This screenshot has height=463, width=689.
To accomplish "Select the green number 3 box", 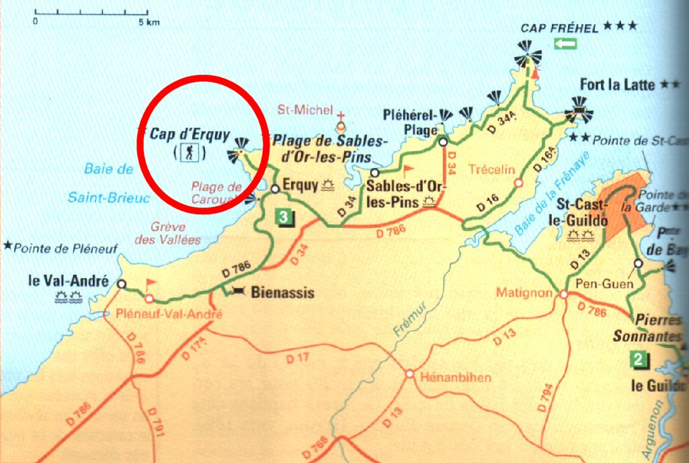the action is point(285,217).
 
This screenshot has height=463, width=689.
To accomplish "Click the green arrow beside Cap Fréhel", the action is point(565,44).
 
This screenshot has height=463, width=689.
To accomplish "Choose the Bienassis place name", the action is point(273,293).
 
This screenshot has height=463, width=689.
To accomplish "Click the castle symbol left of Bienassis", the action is point(239,291).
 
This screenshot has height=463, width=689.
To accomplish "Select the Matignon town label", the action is point(523,293).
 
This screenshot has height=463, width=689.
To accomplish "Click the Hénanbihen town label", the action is point(455,378).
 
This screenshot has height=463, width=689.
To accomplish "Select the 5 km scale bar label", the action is point(149,22).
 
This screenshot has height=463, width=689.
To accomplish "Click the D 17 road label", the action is point(298,358).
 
